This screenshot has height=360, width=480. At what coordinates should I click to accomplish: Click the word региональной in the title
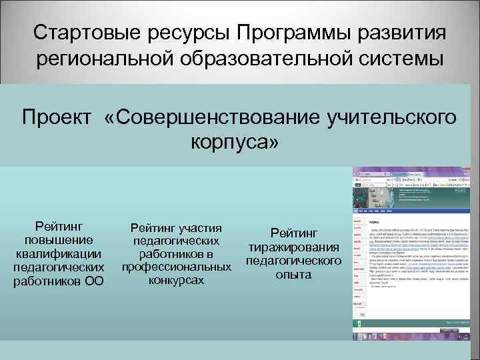point(102,59)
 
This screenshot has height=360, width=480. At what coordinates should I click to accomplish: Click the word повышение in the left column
point(59,240)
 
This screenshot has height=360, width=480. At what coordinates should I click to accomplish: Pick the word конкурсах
point(176,280)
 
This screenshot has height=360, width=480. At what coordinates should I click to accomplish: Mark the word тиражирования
point(294,247)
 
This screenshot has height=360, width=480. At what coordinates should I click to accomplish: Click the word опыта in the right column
point(294,274)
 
